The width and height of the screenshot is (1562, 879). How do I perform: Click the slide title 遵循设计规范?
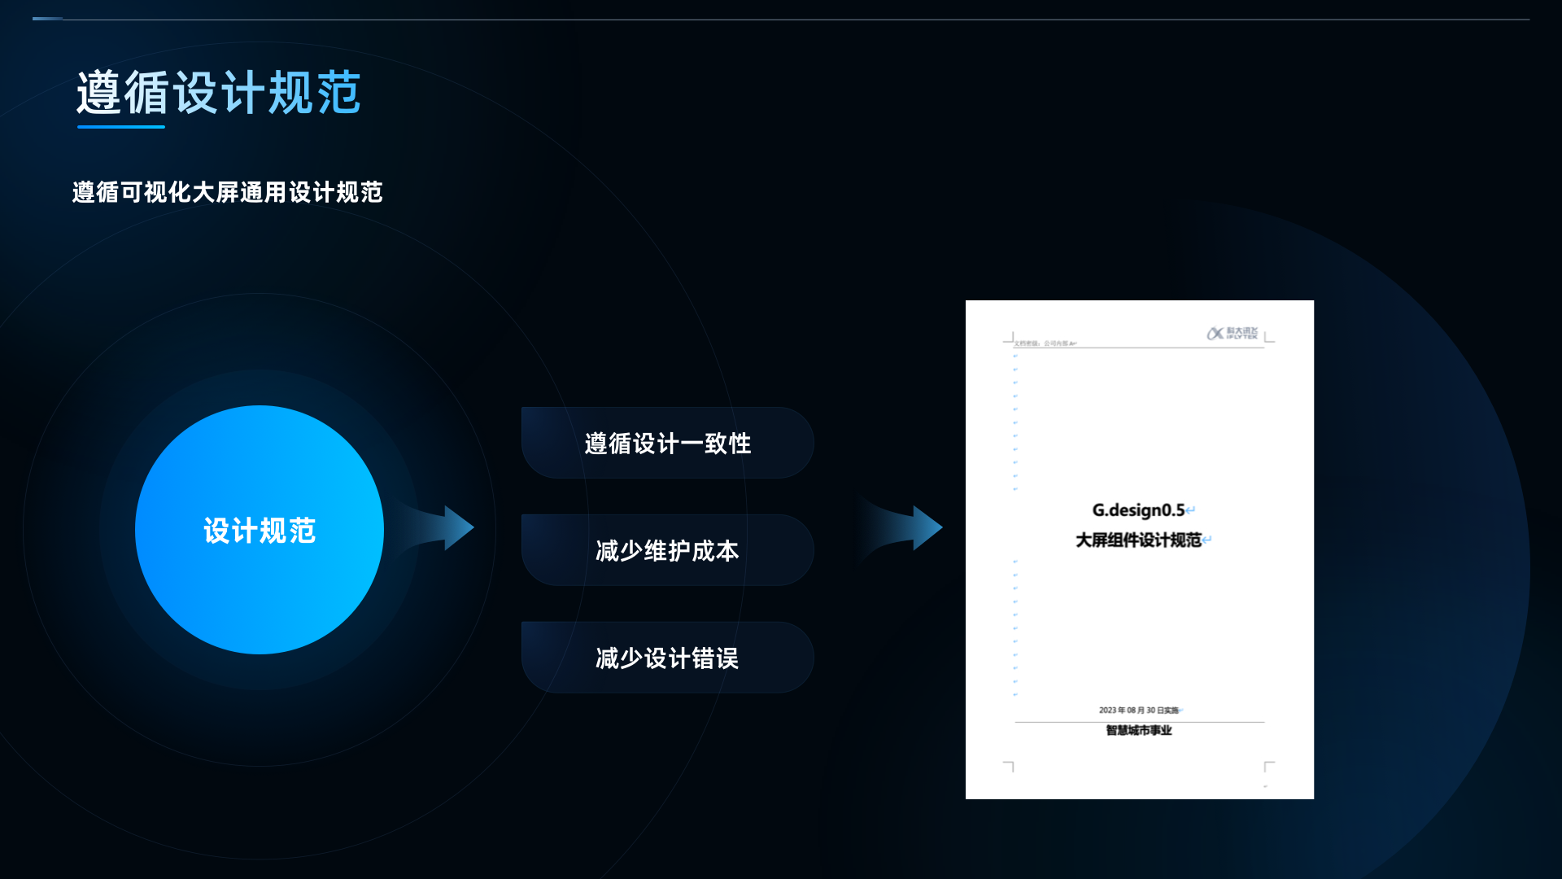[218, 92]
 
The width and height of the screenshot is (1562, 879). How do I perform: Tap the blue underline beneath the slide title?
[120, 127]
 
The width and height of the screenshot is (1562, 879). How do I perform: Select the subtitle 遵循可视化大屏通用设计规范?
[227, 192]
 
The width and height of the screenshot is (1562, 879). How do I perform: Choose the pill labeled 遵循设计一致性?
[667, 443]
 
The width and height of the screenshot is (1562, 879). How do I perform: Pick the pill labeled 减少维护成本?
[667, 550]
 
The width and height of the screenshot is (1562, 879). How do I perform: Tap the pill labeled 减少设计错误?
[667, 658]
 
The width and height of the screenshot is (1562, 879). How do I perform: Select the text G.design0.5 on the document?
[1138, 510]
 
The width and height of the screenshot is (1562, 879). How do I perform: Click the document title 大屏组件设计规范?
[1138, 540]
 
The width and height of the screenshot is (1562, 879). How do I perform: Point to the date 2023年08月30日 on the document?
[1138, 711]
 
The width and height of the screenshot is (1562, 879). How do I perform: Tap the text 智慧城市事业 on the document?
[1138, 730]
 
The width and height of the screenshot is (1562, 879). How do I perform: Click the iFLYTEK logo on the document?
[1232, 334]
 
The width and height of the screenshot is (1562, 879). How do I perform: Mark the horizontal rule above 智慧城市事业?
[1139, 722]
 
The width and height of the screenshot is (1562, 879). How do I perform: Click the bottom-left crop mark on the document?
[1009, 766]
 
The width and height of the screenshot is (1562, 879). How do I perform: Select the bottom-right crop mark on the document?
[1268, 766]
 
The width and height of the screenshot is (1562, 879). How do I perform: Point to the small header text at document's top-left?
[1045, 343]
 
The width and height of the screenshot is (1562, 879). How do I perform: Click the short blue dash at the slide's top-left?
[47, 18]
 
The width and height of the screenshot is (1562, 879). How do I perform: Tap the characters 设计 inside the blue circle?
[231, 531]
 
